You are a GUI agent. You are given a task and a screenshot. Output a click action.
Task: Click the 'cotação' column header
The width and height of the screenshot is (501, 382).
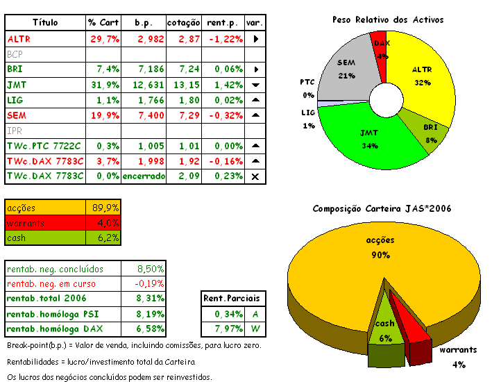point(184,23)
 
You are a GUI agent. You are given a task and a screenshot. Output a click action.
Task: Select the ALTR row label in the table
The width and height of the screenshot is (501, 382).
point(19,39)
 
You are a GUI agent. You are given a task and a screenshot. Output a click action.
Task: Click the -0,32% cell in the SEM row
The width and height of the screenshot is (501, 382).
point(223,115)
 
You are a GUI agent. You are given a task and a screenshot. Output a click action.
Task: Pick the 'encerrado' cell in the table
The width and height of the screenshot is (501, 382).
point(144,176)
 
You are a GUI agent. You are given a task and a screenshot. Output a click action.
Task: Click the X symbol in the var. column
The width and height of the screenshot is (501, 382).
point(255,176)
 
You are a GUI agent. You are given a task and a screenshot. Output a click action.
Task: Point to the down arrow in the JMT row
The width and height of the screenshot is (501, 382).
point(255,85)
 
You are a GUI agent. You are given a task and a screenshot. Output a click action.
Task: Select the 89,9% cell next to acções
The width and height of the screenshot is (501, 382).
point(105,208)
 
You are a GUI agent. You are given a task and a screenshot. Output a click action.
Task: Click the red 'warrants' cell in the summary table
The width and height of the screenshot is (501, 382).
point(46,223)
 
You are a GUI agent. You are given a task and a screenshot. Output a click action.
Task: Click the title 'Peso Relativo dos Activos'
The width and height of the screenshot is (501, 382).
point(388,20)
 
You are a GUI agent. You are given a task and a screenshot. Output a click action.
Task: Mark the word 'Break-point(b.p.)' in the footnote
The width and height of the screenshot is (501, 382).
point(38,346)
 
